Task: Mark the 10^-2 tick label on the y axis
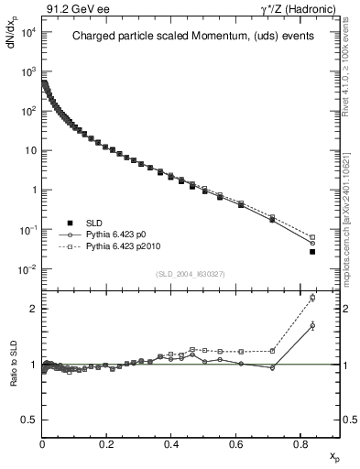(27, 269)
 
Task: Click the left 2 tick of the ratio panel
(34, 309)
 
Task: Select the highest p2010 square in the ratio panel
(312, 298)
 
